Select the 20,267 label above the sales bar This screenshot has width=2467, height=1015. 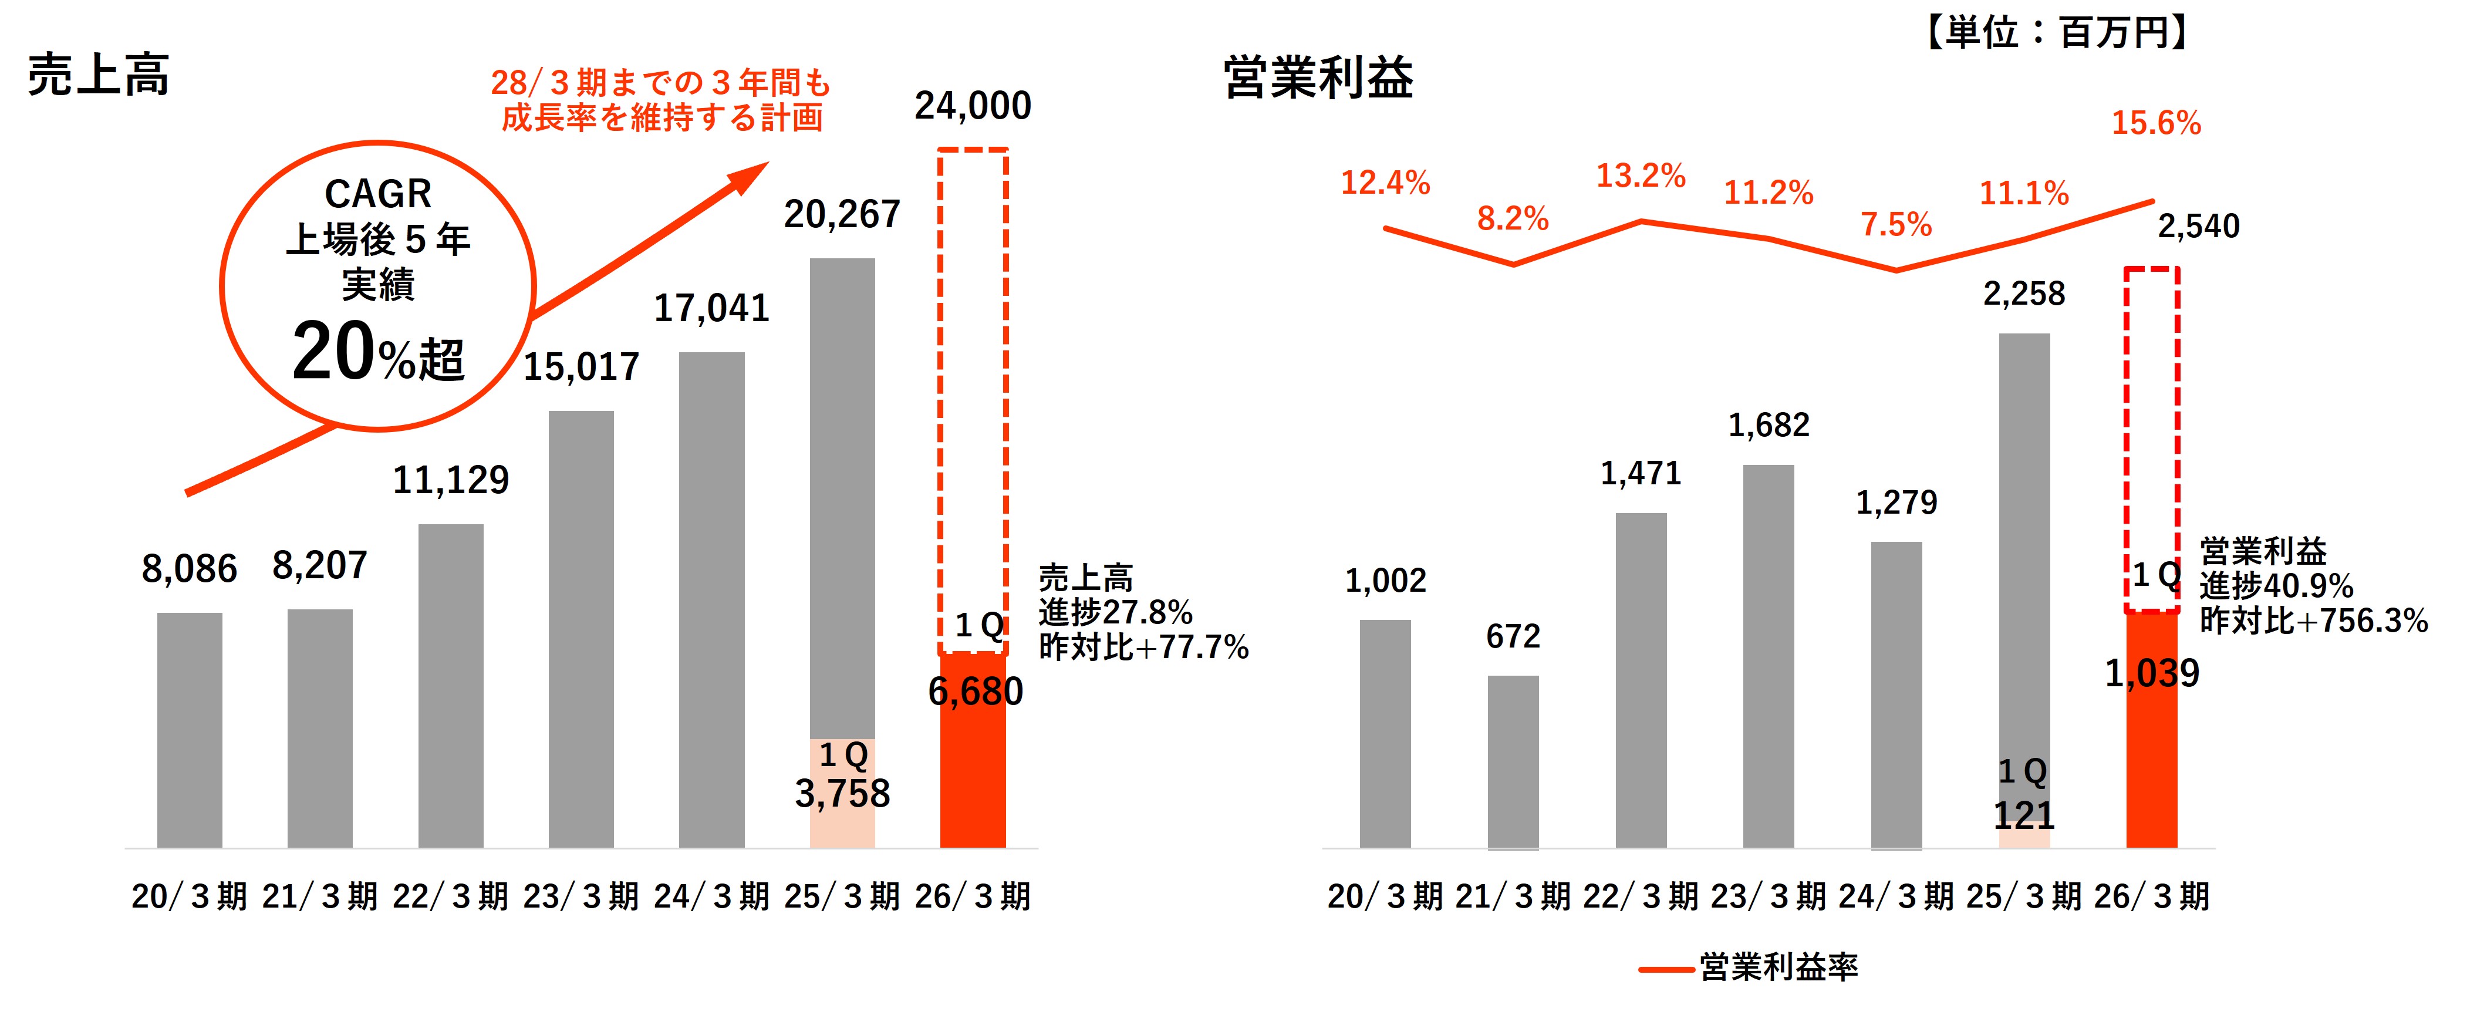(842, 214)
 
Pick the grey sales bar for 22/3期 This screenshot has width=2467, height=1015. (450, 684)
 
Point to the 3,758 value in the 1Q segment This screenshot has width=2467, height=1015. (842, 794)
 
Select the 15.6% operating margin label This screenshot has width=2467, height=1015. (2156, 123)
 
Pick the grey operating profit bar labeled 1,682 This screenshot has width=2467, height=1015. (1768, 656)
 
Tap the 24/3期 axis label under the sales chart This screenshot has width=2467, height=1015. (711, 896)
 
